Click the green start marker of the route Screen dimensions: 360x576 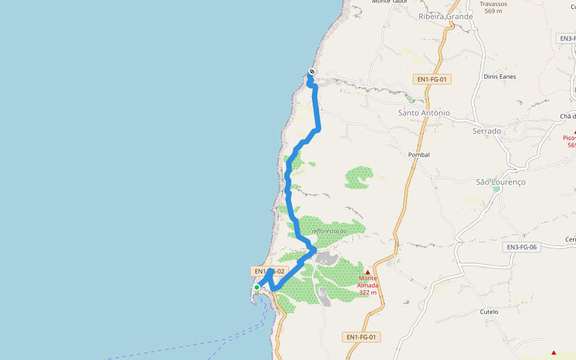click(x=257, y=287)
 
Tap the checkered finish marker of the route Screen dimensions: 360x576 click(x=311, y=72)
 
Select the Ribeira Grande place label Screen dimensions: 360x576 click(x=446, y=17)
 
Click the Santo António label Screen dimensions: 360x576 click(x=424, y=113)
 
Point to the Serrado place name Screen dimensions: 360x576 click(x=487, y=131)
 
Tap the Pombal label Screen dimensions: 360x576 click(x=419, y=155)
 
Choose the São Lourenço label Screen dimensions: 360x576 click(x=500, y=182)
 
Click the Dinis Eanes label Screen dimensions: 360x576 click(x=500, y=77)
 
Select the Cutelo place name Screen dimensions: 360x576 click(x=490, y=312)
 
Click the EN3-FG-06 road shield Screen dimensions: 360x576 click(x=521, y=247)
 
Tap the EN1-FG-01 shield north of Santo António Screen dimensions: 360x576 click(x=433, y=79)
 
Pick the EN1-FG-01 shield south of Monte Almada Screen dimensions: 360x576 click(x=362, y=337)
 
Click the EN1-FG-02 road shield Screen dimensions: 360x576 click(x=270, y=272)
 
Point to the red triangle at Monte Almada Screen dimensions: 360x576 click(x=368, y=272)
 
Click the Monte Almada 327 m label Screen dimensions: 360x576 click(x=368, y=285)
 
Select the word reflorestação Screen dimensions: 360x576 click(x=329, y=231)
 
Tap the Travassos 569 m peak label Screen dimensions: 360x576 click(x=493, y=7)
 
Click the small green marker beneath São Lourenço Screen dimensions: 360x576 click(x=496, y=189)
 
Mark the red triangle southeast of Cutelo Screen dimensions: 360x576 click(x=554, y=353)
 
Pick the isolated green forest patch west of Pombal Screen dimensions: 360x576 click(x=359, y=177)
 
